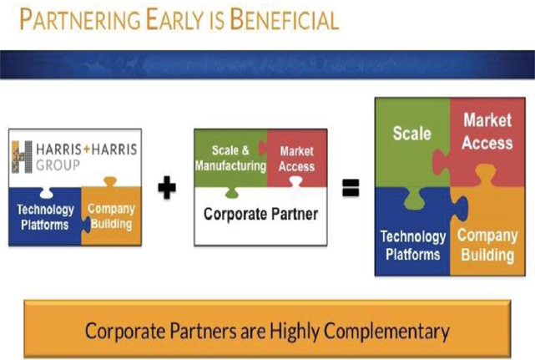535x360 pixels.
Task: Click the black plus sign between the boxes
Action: click(x=167, y=187)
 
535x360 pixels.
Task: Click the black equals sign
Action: click(x=351, y=188)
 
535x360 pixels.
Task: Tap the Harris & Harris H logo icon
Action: click(x=22, y=157)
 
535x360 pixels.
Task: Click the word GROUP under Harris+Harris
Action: click(x=58, y=165)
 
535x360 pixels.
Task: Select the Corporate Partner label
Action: click(x=260, y=214)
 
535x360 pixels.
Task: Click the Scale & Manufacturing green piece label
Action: click(x=230, y=158)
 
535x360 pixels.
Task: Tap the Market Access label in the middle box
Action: click(x=297, y=159)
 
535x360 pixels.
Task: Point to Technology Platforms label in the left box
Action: click(x=45, y=217)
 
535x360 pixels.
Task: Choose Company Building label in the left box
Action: click(x=111, y=216)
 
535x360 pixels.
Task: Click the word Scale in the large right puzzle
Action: click(x=411, y=133)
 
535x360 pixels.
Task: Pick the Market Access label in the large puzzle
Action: click(x=487, y=131)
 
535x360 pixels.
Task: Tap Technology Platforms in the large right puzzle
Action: click(x=413, y=246)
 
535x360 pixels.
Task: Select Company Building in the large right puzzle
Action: click(x=487, y=246)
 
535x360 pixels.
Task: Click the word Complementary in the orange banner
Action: click(x=386, y=332)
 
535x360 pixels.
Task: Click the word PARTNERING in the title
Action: click(x=80, y=19)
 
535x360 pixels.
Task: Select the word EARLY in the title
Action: click(x=174, y=19)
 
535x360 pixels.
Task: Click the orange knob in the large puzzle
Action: click(x=486, y=175)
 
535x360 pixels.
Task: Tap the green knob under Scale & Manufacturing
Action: click(x=232, y=193)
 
